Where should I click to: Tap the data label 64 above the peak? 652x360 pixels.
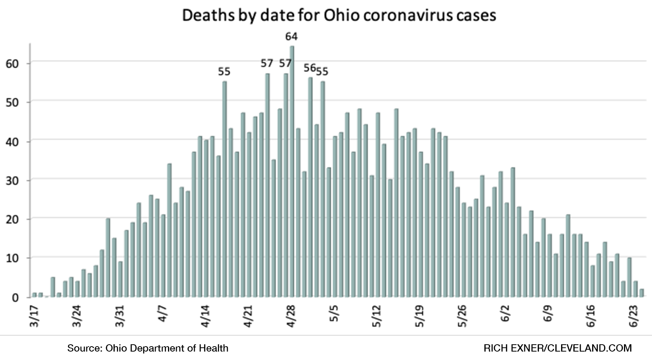[x=291, y=37]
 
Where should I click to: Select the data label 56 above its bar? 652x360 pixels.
[x=310, y=68]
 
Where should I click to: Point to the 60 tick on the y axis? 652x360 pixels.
[x=13, y=64]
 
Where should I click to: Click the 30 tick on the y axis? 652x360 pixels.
[x=13, y=181]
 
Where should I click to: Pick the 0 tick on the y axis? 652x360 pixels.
[x=15, y=298]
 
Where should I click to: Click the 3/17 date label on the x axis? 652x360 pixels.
[x=35, y=317]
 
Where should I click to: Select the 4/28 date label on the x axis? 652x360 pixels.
[x=291, y=317]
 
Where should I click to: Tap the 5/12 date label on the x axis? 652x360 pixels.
[x=377, y=317]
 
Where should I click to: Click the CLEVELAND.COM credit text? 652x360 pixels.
[x=589, y=348]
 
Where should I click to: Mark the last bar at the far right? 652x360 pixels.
[x=642, y=293]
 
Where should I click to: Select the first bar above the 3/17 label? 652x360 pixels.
[x=35, y=295]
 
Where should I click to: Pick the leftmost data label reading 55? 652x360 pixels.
[x=224, y=72]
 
